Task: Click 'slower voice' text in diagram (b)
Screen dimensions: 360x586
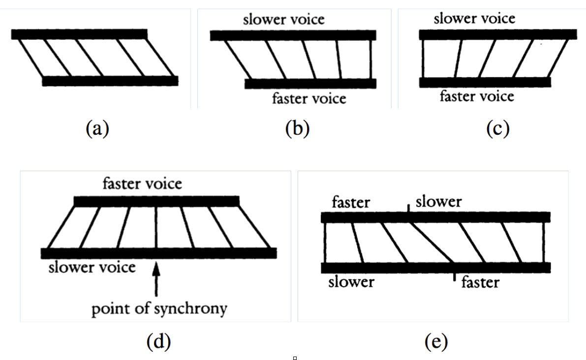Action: click(x=284, y=20)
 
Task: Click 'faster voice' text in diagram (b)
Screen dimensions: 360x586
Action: click(x=309, y=98)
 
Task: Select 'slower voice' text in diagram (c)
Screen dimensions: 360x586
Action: click(x=474, y=19)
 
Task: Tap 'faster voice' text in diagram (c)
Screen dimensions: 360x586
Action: click(x=476, y=96)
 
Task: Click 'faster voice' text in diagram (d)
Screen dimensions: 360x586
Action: click(x=142, y=184)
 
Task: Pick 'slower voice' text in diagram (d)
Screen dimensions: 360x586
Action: click(x=92, y=268)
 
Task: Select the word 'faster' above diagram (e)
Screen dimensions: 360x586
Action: click(x=351, y=202)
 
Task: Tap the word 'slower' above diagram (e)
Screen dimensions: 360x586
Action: click(x=438, y=201)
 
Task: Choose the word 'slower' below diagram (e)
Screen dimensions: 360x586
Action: click(x=351, y=282)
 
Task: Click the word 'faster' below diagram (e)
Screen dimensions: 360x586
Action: click(x=480, y=282)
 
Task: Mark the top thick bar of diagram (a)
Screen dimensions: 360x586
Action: click(x=79, y=34)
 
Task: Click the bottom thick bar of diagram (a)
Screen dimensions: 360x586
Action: click(x=110, y=81)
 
